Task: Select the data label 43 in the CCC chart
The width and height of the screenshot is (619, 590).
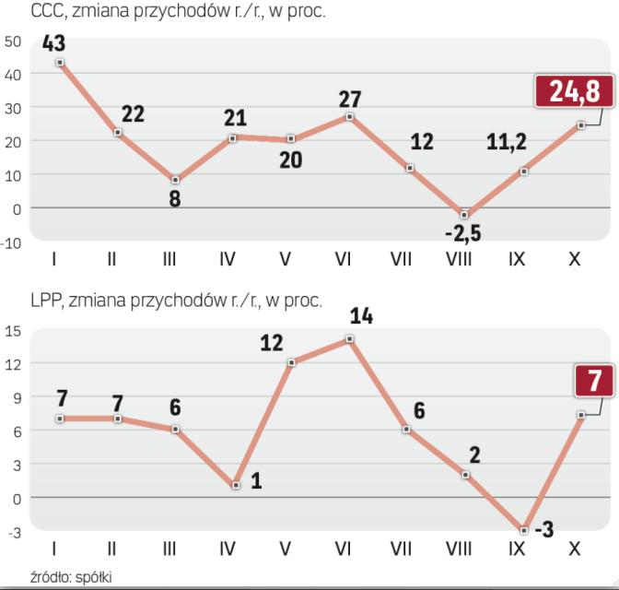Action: tap(53, 43)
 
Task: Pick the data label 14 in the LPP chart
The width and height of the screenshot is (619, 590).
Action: tap(360, 315)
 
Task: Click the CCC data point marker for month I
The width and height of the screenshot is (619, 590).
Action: tap(60, 63)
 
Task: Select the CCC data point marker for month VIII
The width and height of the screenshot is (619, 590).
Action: tap(465, 214)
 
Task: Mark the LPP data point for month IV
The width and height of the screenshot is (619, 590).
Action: tap(237, 485)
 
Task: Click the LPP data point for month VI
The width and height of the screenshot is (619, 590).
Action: tap(350, 338)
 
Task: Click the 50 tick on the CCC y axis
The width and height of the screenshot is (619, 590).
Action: tap(13, 41)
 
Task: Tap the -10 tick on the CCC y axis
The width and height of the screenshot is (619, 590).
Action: tap(11, 243)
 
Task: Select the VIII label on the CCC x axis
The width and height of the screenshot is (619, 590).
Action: tap(458, 260)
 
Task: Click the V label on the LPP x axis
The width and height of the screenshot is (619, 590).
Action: tap(285, 549)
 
